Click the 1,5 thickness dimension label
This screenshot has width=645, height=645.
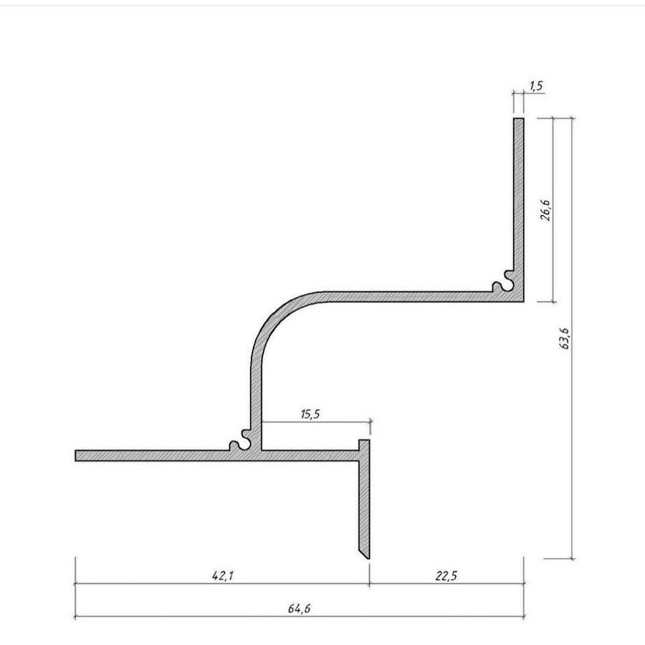coord(536,86)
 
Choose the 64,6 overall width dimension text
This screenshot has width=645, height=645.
coord(299,608)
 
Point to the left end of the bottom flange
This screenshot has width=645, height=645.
coord(78,456)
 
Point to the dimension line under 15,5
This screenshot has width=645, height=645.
coord(315,423)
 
